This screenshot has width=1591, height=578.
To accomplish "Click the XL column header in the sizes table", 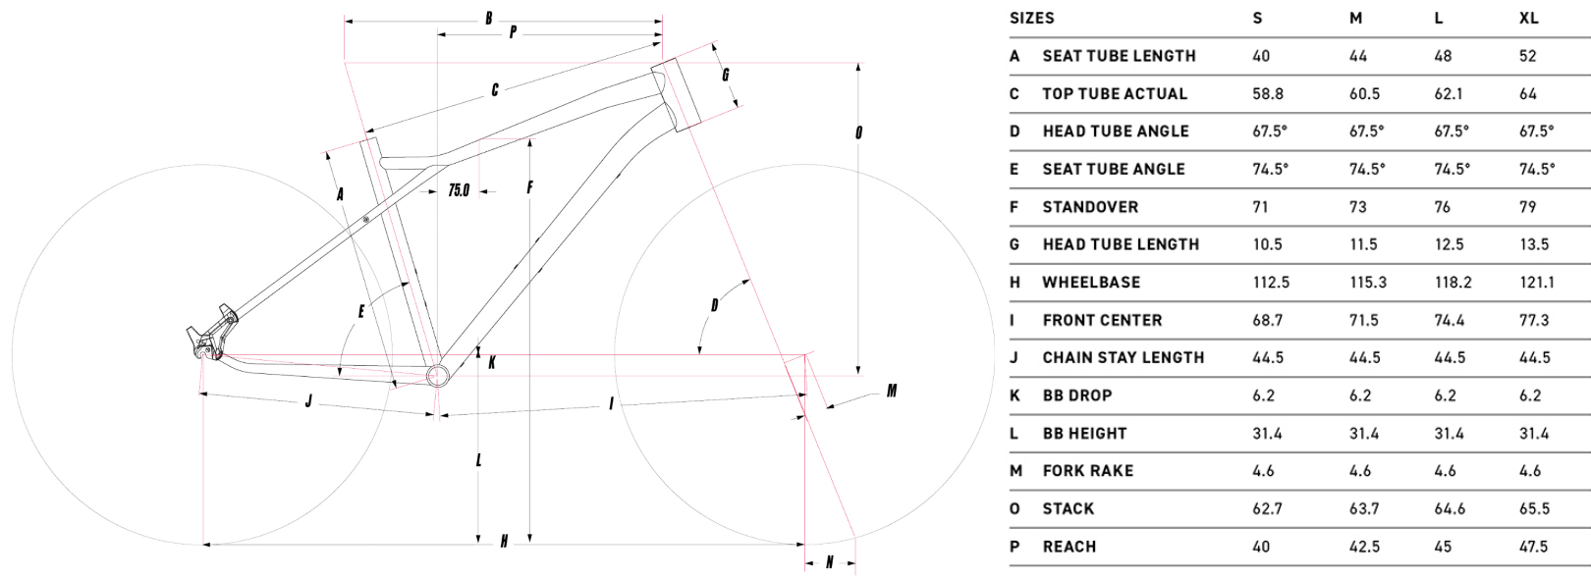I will click(x=1528, y=18).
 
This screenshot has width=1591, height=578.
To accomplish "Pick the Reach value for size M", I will click(x=1363, y=547).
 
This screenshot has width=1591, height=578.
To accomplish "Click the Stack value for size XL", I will click(x=1533, y=508).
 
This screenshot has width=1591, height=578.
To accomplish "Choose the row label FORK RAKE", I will click(x=1087, y=471).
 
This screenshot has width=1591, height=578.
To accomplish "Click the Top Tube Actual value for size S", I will click(x=1267, y=94).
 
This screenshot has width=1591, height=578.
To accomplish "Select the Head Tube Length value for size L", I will click(x=1449, y=244).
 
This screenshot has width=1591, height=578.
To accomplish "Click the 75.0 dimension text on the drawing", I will click(x=459, y=190).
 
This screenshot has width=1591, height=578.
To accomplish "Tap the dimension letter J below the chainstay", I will click(x=308, y=401).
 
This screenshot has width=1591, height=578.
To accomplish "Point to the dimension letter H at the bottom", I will click(x=504, y=542).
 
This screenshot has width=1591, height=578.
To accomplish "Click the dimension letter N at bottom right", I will click(x=829, y=562).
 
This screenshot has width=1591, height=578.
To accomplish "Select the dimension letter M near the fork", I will click(x=891, y=392).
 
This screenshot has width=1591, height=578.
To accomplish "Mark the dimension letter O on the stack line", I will click(x=859, y=131).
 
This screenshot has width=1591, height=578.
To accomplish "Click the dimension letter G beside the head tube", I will click(x=725, y=76).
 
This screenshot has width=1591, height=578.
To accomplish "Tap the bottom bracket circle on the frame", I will click(x=437, y=374).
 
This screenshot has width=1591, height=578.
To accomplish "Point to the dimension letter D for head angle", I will click(x=715, y=306).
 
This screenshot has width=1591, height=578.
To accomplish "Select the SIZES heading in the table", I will click(x=1031, y=18).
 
